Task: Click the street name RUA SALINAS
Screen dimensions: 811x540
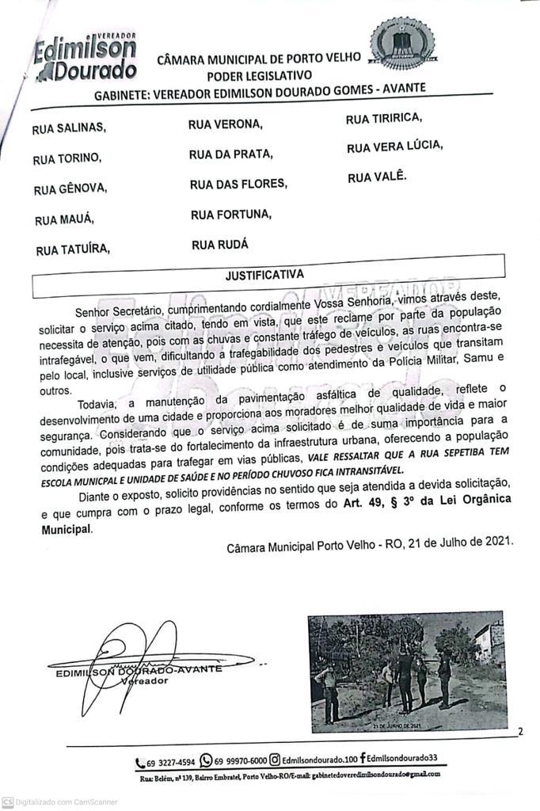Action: point(69,128)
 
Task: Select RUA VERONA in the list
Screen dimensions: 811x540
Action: point(225,124)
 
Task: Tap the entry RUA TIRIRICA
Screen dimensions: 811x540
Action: point(383,120)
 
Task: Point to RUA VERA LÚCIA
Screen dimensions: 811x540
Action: point(394,147)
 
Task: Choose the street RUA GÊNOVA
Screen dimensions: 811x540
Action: point(70,189)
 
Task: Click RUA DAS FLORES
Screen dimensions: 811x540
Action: point(238,184)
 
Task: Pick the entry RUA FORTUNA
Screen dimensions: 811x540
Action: point(231,214)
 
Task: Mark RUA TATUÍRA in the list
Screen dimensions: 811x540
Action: point(73,250)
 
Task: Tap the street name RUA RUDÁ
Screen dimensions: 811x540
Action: point(219,245)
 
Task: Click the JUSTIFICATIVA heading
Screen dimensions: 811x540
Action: point(265,275)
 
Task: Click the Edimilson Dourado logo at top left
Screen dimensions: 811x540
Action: point(86,57)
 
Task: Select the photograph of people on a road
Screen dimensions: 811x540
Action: point(405,672)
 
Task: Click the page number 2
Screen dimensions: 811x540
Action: point(519,732)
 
